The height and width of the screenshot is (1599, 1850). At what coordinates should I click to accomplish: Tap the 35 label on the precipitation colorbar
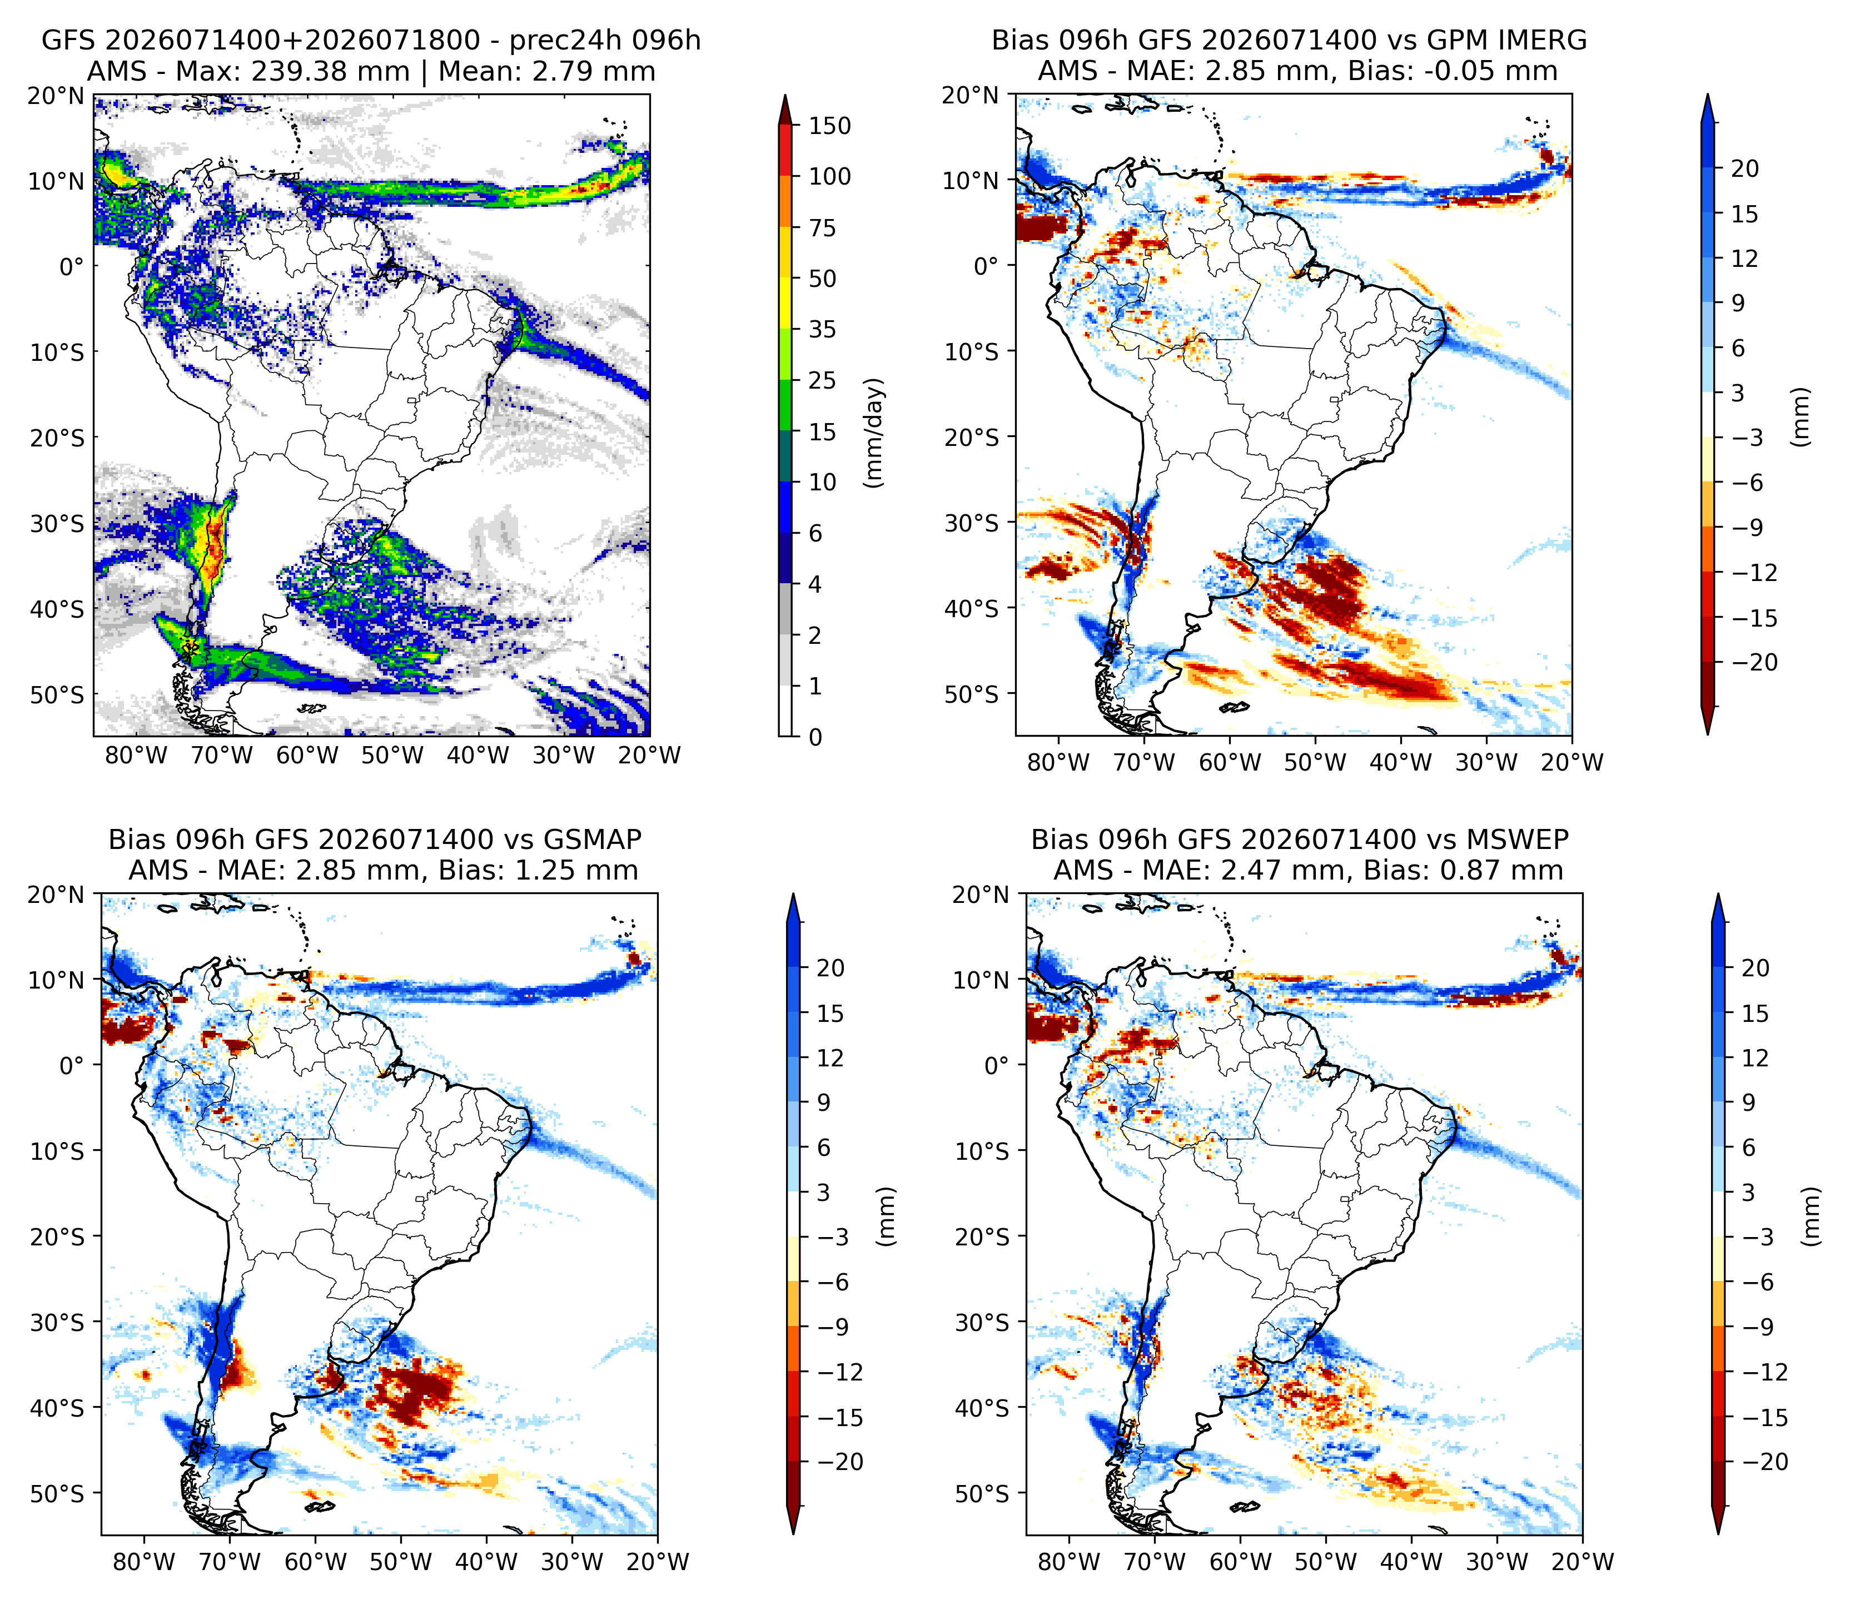coord(822,330)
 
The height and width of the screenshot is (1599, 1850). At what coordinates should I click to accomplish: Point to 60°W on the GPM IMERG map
coord(1230,762)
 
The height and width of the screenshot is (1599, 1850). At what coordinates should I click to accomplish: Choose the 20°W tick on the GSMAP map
coord(658,1562)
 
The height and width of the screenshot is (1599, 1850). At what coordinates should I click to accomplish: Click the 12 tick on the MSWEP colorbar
coord(1755,1058)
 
